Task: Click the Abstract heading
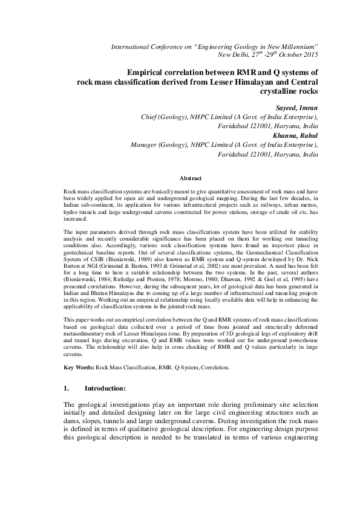191,178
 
